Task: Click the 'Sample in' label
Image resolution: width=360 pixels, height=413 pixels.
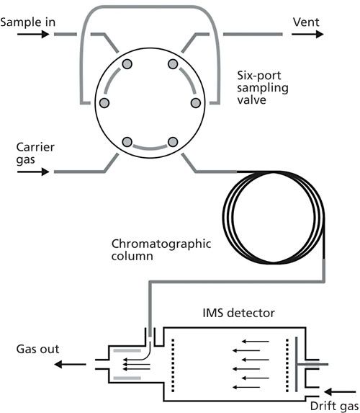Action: pyautogui.click(x=27, y=22)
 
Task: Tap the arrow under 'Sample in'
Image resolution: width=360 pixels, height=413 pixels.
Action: pyautogui.click(x=33, y=35)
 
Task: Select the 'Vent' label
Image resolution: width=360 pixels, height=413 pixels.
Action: pyautogui.click(x=306, y=22)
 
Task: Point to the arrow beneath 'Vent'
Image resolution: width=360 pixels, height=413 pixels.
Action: pyautogui.click(x=307, y=35)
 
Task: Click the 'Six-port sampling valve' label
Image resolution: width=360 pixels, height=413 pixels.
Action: pyautogui.click(x=263, y=88)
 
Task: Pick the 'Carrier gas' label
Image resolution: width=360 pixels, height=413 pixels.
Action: pyautogui.click(x=35, y=154)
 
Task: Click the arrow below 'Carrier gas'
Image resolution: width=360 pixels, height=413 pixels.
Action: pyautogui.click(x=33, y=172)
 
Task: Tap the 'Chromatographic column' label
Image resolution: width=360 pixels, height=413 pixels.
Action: pyautogui.click(x=161, y=249)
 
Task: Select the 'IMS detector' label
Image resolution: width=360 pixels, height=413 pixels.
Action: pyautogui.click(x=239, y=313)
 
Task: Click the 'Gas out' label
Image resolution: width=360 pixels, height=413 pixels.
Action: pyautogui.click(x=37, y=350)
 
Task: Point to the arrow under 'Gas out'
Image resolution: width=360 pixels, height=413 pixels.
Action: pyautogui.click(x=70, y=365)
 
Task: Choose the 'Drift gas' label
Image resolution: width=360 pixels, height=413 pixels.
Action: pyautogui.click(x=334, y=406)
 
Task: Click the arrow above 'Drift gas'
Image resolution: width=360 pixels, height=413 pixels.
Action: pyautogui.click(x=340, y=392)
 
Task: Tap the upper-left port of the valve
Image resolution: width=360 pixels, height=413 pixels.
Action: pyautogui.click(x=127, y=64)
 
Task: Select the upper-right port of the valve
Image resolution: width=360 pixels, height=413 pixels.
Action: pyautogui.click(x=173, y=64)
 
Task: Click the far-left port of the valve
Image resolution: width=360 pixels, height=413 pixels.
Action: pyautogui.click(x=104, y=103)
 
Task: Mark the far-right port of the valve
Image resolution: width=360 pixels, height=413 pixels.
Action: pyautogui.click(x=196, y=103)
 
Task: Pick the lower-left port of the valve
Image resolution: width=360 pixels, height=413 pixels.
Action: pyautogui.click(x=127, y=142)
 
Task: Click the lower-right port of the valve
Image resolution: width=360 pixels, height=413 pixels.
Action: pyautogui.click(x=173, y=142)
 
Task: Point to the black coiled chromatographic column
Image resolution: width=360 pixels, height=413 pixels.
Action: pyautogui.click(x=223, y=218)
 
